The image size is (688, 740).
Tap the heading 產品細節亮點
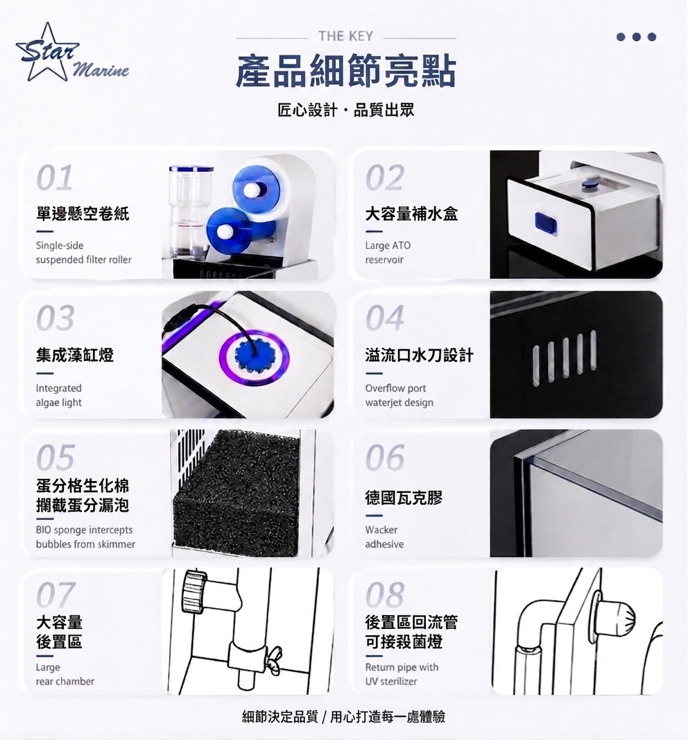pyautogui.click(x=345, y=72)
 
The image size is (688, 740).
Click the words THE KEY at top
pyautogui.click(x=345, y=36)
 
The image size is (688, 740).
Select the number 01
pyautogui.click(x=55, y=178)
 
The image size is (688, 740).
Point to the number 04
pyautogui.click(x=385, y=318)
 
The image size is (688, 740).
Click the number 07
pyautogui.click(x=55, y=595)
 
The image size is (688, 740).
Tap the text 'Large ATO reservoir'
pyautogui.click(x=388, y=253)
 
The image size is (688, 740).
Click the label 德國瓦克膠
pyautogui.click(x=404, y=498)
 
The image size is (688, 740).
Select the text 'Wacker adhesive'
pyautogui.click(x=384, y=537)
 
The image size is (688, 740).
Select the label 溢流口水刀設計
pyautogui.click(x=419, y=355)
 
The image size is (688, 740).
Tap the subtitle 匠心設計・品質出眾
pyautogui.click(x=345, y=110)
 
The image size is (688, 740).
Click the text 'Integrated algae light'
pyautogui.click(x=59, y=395)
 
